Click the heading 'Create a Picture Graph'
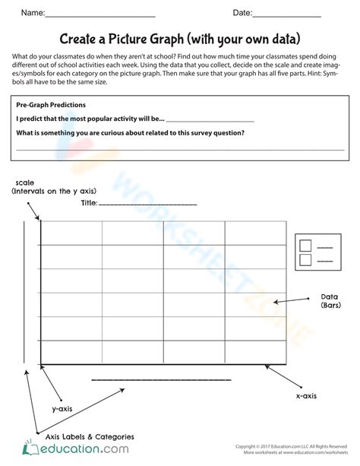point(179,38)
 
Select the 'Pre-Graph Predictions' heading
point(51,105)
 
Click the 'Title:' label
point(89,203)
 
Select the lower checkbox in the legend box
point(305,260)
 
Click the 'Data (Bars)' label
point(330,300)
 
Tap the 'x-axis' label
point(306,396)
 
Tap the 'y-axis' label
point(62,408)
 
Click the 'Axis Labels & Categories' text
point(90,436)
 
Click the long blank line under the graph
point(161,378)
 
